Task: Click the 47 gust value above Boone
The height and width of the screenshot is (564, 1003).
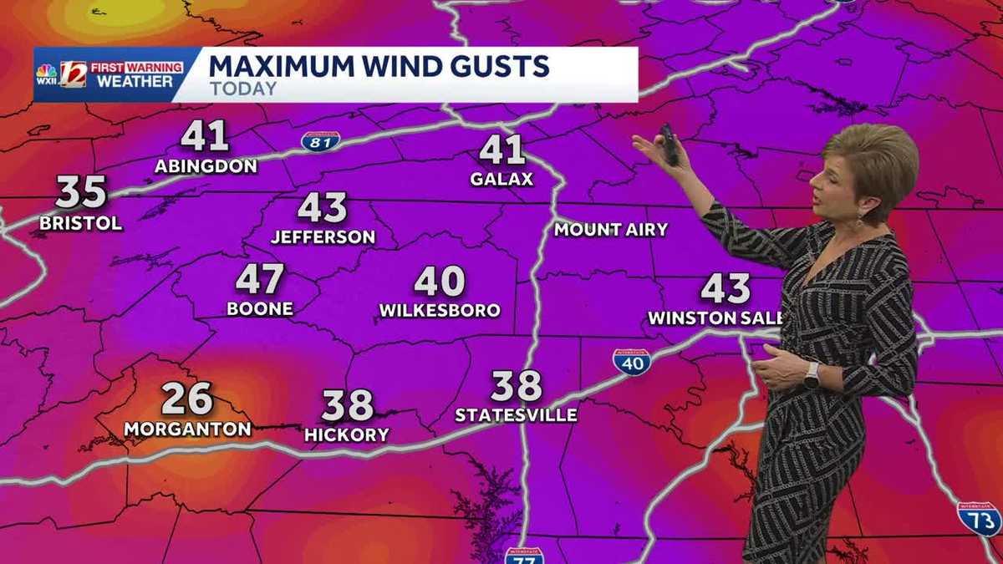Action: coord(260,279)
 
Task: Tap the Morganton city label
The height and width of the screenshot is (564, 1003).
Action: coord(187,429)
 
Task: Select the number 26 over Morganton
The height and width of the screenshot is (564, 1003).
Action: coord(186,399)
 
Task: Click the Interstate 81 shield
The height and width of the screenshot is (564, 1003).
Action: coord(321,140)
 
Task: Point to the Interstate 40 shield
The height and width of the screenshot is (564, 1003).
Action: coord(632,362)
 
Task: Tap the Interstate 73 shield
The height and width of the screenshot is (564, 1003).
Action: coord(979,518)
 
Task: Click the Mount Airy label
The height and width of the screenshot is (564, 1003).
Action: coord(610,229)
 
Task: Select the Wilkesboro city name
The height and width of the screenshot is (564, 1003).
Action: coord(440,310)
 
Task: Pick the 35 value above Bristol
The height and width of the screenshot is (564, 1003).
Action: coord(81,193)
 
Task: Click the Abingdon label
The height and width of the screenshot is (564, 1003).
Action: coord(206,166)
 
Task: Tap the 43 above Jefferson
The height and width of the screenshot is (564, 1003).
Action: coord(322,207)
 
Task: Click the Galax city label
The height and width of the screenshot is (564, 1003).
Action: coord(501,180)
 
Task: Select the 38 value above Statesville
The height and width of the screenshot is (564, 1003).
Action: coord(516,385)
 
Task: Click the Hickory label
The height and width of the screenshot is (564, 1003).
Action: coord(346,434)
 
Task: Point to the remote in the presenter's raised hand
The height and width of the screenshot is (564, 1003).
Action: coord(669,145)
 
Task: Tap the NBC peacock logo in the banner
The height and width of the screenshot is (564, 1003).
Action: coord(47,75)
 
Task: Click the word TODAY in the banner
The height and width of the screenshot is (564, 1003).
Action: coord(243,89)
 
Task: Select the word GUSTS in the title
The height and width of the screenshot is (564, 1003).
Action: coord(496,65)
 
